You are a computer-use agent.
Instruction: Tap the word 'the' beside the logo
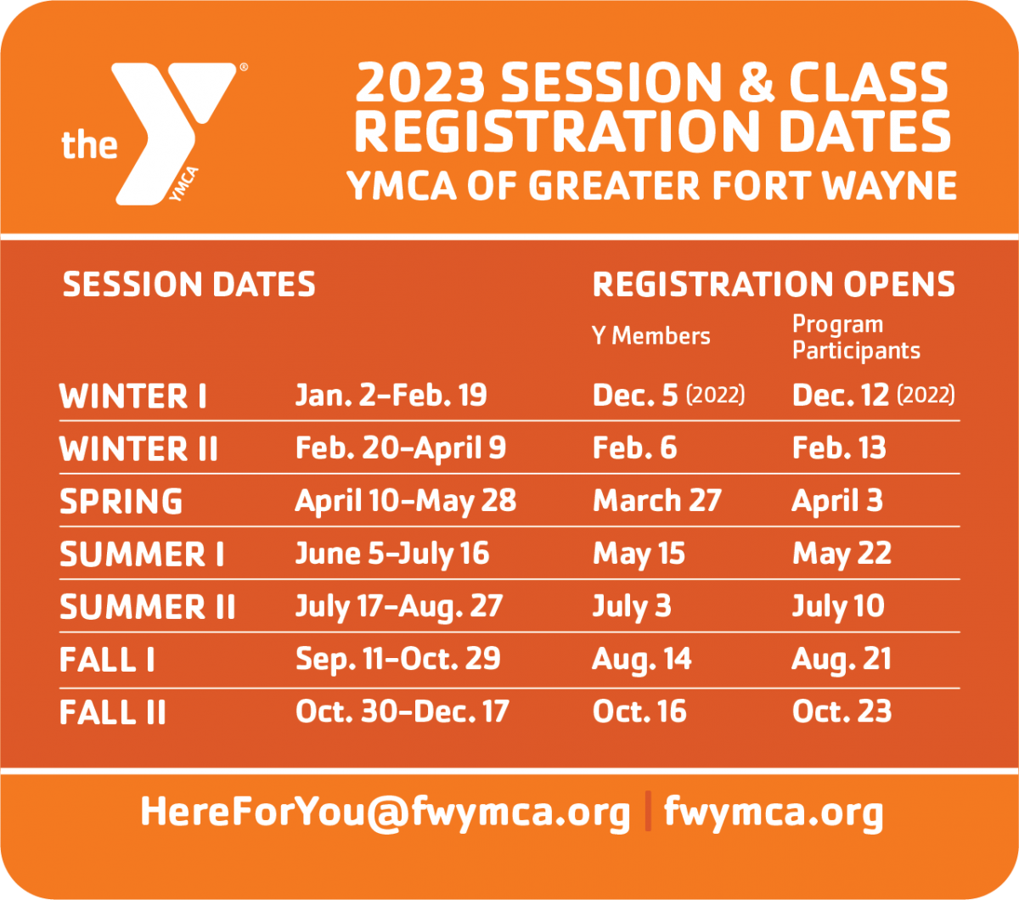[89, 145]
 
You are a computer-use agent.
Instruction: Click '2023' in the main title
[420, 82]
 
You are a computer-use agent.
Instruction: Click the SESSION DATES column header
[189, 284]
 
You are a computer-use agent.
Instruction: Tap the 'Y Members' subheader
[650, 336]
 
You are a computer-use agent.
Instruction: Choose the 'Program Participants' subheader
[856, 338]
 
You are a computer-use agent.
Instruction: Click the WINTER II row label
[138, 449]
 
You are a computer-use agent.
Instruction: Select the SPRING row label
[121, 502]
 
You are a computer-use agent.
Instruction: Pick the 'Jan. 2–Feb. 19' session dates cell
[391, 395]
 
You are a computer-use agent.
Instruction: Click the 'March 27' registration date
[657, 501]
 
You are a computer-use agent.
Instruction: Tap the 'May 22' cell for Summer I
[842, 554]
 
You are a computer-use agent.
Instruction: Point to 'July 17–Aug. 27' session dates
[399, 607]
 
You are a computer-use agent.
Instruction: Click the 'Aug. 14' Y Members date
[642, 660]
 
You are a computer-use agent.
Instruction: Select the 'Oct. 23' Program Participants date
[842, 712]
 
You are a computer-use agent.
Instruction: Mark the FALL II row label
[113, 712]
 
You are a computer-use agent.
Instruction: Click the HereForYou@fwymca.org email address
[386, 812]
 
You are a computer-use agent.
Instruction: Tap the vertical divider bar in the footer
[648, 811]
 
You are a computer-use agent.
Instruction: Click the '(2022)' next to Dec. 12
[926, 395]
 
